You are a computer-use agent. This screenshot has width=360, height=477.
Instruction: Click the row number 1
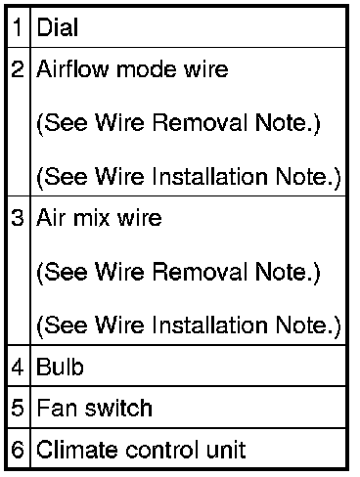18,26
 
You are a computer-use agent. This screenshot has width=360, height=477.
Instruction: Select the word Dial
58,26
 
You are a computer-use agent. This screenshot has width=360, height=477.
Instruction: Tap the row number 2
18,69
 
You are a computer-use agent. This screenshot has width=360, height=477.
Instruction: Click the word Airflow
72,69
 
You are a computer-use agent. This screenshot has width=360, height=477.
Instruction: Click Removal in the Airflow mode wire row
200,122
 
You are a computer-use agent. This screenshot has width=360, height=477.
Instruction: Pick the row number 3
18,218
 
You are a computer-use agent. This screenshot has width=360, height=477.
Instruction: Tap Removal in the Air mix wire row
200,272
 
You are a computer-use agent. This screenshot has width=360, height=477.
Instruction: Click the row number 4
18,367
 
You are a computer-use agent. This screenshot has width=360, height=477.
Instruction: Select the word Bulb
60,367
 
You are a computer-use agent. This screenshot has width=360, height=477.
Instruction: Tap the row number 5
18,408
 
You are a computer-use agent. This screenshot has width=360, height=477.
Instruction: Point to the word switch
118,408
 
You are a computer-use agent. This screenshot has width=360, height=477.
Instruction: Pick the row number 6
18,450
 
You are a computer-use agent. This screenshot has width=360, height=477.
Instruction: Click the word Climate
77,450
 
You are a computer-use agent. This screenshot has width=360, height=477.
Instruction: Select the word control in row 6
162,450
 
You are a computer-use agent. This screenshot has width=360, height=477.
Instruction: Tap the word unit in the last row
226,450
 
